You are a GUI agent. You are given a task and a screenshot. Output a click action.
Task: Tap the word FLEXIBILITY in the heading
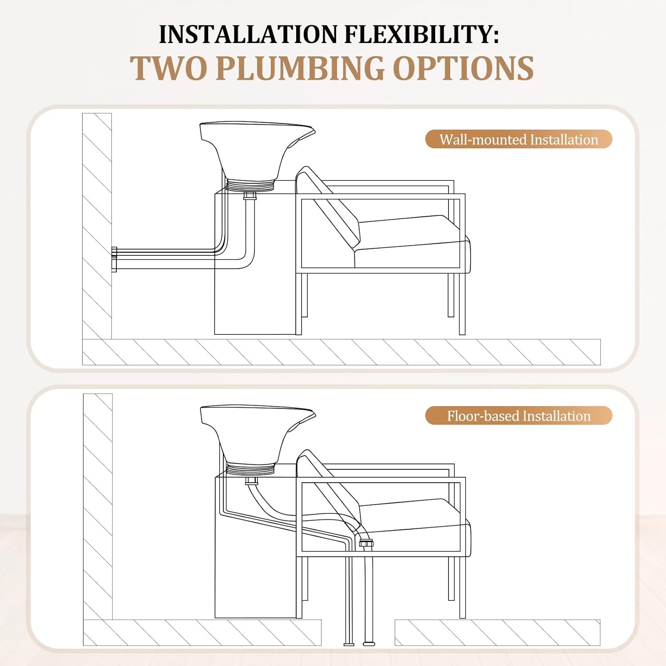421,34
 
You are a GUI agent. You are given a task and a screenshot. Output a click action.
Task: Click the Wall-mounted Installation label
519,139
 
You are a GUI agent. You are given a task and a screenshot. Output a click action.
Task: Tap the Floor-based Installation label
519,416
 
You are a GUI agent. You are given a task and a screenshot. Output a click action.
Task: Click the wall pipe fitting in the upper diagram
114,259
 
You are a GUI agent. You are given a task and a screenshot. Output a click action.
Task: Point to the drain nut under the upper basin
250,196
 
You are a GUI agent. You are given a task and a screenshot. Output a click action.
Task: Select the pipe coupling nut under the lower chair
366,543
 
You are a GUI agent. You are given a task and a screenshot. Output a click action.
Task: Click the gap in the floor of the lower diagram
358,632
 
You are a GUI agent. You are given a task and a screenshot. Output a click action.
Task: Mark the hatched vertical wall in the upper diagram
97,226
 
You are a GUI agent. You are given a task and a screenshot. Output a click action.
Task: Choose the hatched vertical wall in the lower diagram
98,506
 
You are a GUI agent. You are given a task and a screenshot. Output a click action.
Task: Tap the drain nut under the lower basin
251,481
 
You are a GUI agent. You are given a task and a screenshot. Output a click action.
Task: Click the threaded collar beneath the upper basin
250,185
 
